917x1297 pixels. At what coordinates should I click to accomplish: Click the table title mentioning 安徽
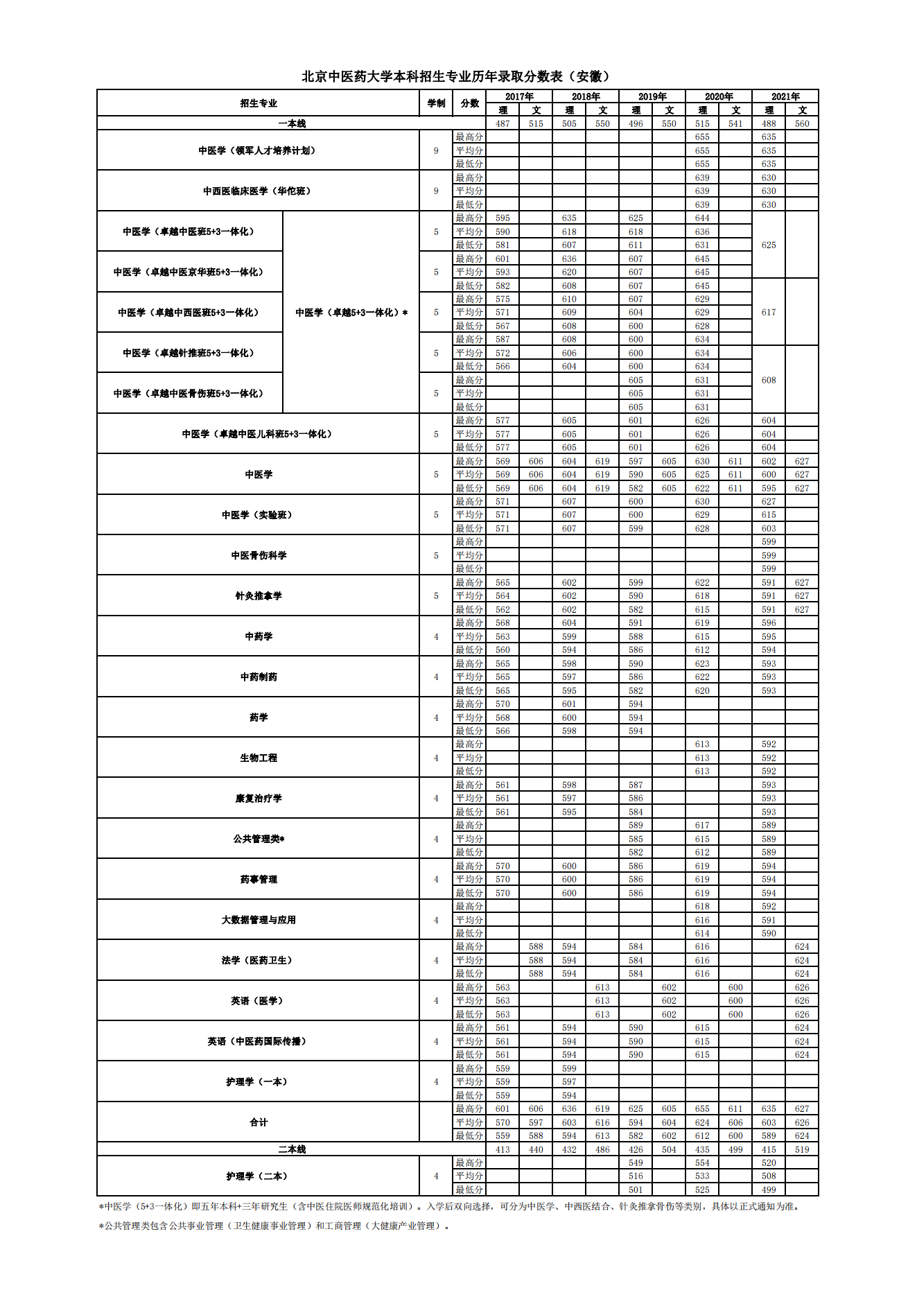coord(457,76)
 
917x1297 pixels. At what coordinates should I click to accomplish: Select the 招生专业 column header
coord(258,103)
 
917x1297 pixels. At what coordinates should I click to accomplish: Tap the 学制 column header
coord(436,103)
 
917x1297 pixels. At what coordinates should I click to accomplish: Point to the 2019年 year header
coord(652,96)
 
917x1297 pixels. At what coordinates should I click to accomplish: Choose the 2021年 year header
coord(785,96)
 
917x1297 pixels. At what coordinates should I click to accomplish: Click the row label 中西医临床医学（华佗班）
coord(258,191)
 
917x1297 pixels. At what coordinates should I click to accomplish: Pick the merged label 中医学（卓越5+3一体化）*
coord(351,313)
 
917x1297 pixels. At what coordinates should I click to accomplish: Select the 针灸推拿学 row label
coord(258,595)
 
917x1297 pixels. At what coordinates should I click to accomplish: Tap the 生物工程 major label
coord(258,758)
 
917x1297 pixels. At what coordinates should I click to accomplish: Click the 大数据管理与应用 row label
coord(258,920)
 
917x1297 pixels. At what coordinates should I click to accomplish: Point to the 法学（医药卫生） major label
coord(258,960)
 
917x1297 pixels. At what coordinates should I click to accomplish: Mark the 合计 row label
coord(258,1122)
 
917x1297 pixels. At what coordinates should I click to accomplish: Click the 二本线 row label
coord(292,1149)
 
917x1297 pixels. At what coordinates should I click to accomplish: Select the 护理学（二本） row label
coord(258,1176)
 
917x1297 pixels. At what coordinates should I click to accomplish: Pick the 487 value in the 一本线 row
coord(503,123)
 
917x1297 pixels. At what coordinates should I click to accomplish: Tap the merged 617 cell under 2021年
coord(769,313)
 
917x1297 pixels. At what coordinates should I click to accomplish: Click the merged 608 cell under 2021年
coord(769,380)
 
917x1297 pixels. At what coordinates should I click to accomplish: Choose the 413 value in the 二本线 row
coord(503,1149)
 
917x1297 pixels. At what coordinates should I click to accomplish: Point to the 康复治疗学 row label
coord(258,799)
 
